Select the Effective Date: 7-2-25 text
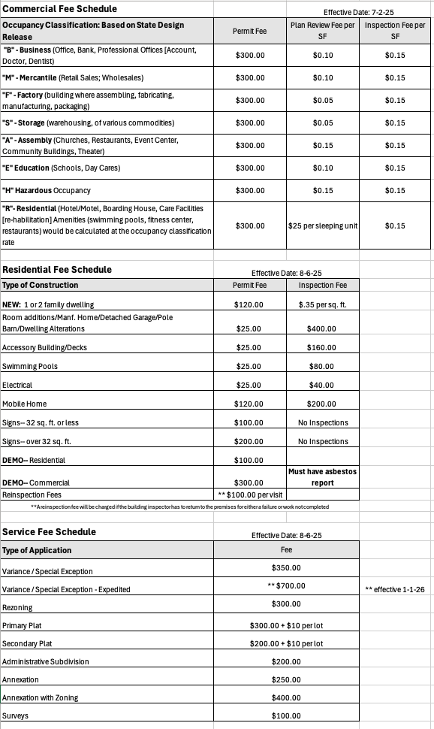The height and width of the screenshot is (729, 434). click(x=359, y=13)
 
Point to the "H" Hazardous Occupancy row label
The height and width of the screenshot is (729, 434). click(x=47, y=191)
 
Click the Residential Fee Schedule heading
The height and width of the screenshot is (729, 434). click(x=57, y=269)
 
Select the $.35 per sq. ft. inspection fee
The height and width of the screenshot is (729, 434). click(x=322, y=304)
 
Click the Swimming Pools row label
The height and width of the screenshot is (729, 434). click(x=30, y=367)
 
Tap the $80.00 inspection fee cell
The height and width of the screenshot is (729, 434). click(x=322, y=367)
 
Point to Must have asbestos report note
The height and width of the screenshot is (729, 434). click(x=322, y=476)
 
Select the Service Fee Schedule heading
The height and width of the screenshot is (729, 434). click(x=50, y=531)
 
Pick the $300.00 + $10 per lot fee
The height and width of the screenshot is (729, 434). click(x=285, y=625)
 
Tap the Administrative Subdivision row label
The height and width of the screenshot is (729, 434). click(x=46, y=661)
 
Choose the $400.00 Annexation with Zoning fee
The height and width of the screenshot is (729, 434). click(x=285, y=698)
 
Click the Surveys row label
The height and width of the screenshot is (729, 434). click(x=16, y=715)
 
